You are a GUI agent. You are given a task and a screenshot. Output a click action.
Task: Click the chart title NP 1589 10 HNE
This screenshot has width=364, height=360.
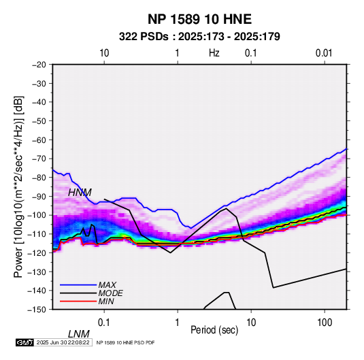point(199,19)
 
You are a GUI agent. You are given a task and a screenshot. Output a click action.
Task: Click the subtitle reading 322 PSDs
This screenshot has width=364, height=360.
point(144,37)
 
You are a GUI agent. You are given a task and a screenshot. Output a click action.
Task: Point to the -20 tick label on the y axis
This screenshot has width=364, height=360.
point(39,65)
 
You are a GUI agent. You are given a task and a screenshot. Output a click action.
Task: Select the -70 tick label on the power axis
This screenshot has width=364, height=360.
point(39,159)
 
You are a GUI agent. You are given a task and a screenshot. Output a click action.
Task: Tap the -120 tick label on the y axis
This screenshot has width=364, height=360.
point(37,253)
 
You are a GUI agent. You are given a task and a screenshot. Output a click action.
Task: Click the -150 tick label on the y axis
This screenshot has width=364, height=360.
point(37,310)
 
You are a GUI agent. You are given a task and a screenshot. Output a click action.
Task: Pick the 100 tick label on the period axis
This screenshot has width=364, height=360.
point(325,323)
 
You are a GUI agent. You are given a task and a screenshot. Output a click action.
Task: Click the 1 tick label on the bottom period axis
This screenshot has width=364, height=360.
point(178,323)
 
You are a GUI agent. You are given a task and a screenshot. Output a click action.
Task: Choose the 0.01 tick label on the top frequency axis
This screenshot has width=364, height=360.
point(324,53)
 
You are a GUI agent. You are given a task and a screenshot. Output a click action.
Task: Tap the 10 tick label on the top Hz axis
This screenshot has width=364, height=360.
point(104,53)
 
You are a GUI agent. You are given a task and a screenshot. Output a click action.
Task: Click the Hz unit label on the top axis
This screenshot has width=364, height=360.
point(214,53)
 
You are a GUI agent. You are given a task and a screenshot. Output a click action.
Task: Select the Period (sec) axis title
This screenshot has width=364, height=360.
point(214,330)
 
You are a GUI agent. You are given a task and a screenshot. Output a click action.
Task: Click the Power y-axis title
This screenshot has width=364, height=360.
point(18,186)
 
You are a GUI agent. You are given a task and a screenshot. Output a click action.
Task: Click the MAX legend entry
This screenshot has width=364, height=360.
point(107,285)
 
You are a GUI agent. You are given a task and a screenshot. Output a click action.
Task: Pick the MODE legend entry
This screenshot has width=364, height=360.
point(110,293)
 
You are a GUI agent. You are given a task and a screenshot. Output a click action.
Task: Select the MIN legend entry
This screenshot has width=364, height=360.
point(106,301)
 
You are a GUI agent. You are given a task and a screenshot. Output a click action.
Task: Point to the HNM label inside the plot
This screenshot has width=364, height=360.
point(80,193)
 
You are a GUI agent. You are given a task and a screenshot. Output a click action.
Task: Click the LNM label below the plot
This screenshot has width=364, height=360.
point(79,334)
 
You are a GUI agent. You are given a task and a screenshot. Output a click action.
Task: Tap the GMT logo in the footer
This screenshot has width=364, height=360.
point(25,342)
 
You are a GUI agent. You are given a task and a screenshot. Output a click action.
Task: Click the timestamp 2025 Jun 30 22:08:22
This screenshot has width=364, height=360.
point(63,342)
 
